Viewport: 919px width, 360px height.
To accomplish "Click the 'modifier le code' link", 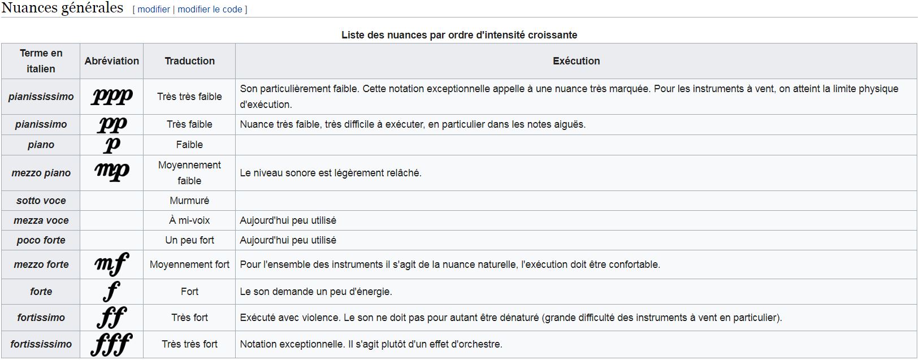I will point(210,10).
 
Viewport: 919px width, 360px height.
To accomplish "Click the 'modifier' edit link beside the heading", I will point(154,10).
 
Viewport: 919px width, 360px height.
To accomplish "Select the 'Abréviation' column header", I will point(111,61).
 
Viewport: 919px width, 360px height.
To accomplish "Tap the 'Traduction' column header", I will point(189,61).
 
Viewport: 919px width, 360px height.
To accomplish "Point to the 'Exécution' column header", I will point(576,61).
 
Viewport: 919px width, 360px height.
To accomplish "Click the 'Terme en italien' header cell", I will point(41,61).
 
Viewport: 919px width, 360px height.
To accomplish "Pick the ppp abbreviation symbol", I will point(112,97).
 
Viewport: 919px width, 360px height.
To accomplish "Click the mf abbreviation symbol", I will point(112,264).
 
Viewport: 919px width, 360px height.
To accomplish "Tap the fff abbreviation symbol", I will point(111,344).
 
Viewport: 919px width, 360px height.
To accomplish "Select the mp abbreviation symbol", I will point(112,172).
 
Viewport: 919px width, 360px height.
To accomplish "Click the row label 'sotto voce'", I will point(41,201).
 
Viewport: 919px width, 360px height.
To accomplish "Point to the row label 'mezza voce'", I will point(41,220).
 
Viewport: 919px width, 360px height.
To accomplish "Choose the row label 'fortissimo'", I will point(41,318).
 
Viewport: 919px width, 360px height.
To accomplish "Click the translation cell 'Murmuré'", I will point(189,201).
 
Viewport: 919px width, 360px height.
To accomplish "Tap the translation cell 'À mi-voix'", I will point(189,220).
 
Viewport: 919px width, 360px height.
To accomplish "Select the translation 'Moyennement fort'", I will point(189,264).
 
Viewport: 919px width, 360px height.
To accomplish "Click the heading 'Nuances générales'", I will point(62,8).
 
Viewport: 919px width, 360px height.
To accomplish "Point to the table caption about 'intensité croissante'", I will point(459,35).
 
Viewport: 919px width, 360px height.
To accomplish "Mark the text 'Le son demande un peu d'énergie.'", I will point(315,292).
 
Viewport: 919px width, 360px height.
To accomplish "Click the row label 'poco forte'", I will point(41,240).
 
